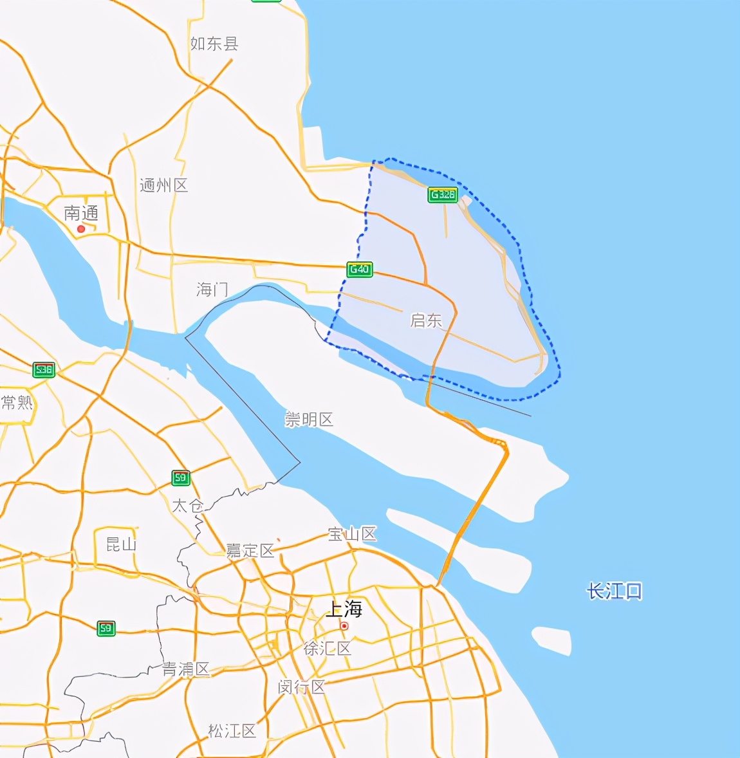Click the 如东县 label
click(214, 44)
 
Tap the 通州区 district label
click(163, 185)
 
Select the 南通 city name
click(81, 213)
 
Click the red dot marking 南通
click(81, 229)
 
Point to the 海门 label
click(212, 290)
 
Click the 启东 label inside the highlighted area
click(426, 320)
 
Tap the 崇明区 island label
click(309, 420)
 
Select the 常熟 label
click(17, 403)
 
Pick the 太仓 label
click(187, 506)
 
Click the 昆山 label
click(121, 544)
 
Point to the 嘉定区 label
click(250, 550)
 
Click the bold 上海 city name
click(344, 608)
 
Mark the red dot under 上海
click(344, 626)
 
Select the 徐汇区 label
click(327, 648)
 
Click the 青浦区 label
click(185, 669)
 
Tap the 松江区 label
click(232, 730)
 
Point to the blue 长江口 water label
click(614, 591)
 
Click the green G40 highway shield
click(360, 269)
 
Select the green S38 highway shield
click(44, 370)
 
